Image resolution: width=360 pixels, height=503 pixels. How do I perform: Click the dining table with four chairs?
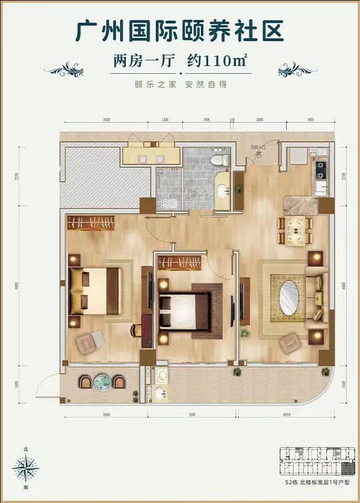295,231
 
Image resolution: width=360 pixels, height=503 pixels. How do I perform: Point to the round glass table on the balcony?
102,381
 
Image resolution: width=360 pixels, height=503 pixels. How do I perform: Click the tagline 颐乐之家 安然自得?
181,85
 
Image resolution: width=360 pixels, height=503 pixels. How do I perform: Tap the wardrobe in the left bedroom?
91,223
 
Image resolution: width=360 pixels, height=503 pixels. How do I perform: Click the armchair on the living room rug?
289,343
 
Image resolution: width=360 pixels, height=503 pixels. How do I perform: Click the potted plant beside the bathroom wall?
239,189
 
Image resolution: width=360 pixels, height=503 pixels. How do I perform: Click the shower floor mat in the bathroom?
170,202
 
